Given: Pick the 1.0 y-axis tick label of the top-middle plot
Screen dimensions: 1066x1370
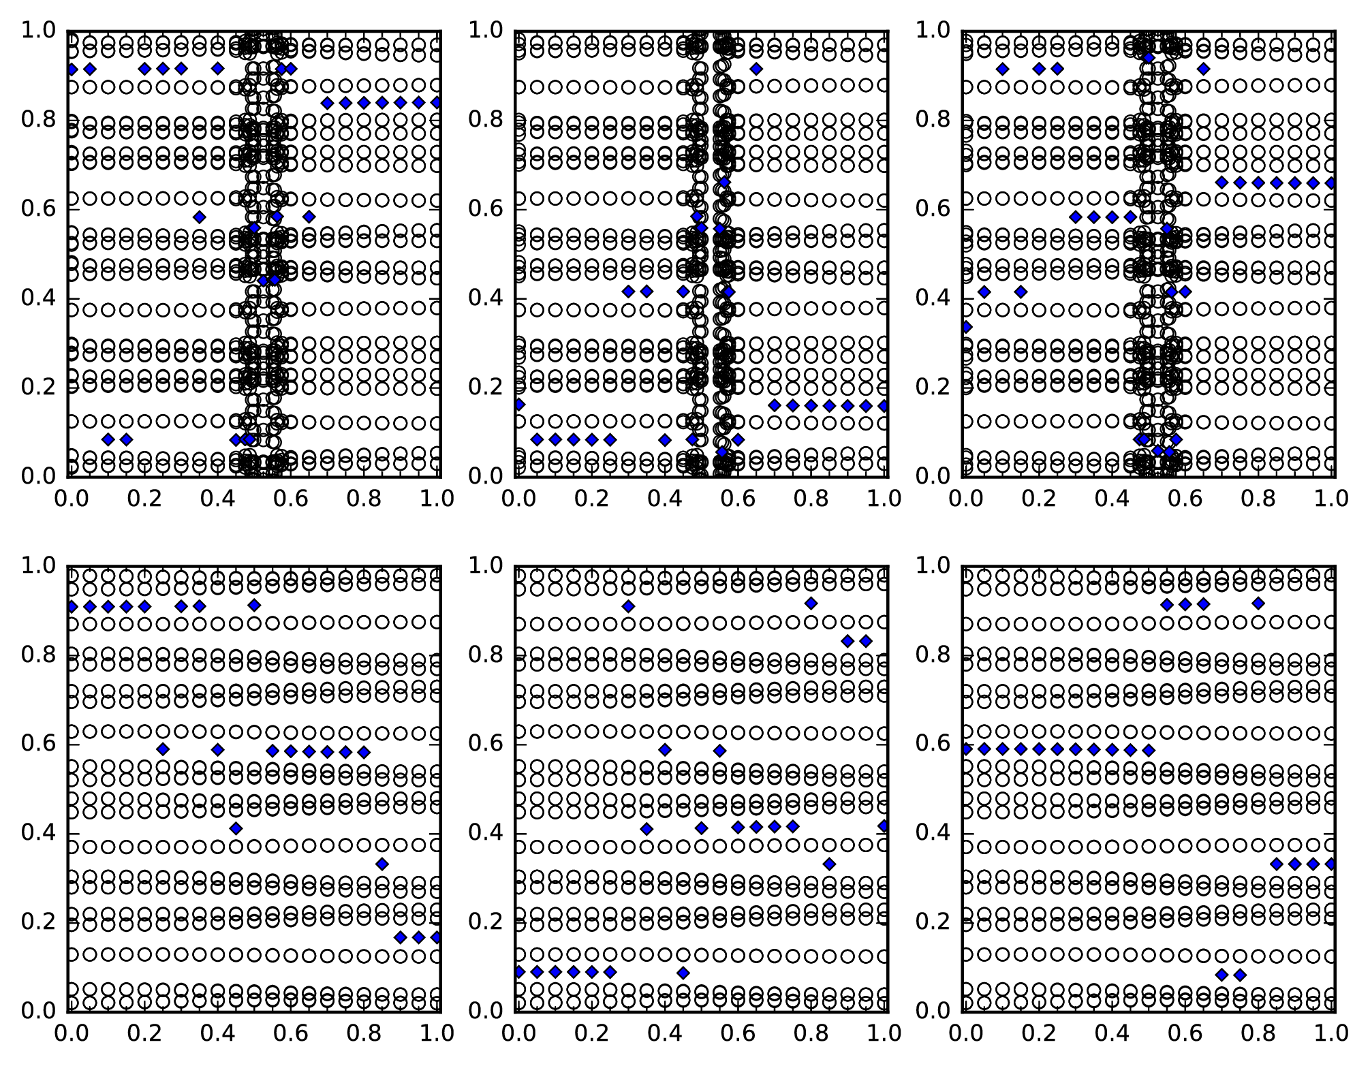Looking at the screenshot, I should (486, 31).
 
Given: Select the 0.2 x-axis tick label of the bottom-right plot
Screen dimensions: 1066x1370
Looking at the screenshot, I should (1038, 1033).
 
